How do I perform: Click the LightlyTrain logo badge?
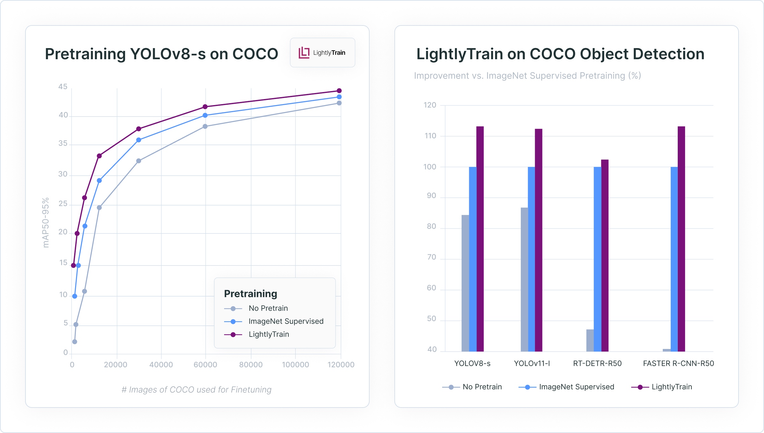pos(322,53)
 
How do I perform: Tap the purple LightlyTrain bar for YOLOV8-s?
pos(480,239)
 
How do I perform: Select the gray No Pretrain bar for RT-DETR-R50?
pos(590,340)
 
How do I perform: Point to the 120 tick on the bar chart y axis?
pos(430,105)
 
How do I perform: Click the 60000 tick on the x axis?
pos(205,365)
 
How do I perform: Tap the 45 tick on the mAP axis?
pos(63,87)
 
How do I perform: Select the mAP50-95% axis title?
pos(46,223)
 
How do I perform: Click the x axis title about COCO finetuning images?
pos(196,390)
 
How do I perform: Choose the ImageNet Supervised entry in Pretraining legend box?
pos(286,321)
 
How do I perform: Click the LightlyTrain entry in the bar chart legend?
pos(671,387)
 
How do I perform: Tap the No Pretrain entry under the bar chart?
pos(482,387)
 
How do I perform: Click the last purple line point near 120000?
pos(339,91)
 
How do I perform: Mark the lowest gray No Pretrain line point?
pos(74,342)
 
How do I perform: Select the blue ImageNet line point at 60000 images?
pos(205,115)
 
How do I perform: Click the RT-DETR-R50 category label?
pos(597,363)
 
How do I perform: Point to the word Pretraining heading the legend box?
pos(251,294)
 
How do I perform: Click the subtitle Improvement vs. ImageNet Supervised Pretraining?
pos(527,76)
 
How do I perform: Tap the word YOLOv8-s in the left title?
pos(168,54)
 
